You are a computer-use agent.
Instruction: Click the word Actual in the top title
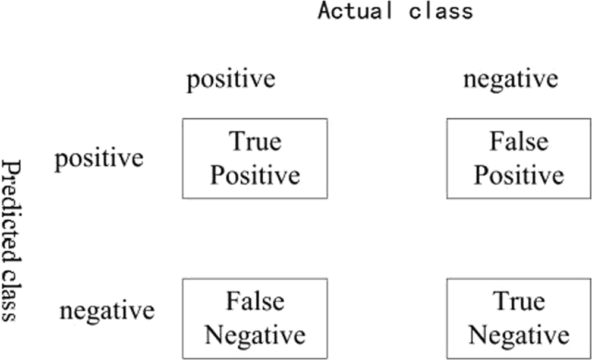click(x=355, y=11)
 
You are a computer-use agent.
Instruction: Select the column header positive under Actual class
click(x=231, y=80)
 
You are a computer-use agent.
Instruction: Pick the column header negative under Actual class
click(x=510, y=80)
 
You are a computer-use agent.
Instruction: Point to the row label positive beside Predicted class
click(x=99, y=159)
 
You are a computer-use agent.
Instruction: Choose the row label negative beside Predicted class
click(x=106, y=311)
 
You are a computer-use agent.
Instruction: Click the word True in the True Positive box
click(x=255, y=143)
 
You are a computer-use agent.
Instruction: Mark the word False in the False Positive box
click(x=519, y=143)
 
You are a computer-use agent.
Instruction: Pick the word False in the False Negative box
click(x=255, y=302)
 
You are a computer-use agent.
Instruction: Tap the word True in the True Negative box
click(x=519, y=302)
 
